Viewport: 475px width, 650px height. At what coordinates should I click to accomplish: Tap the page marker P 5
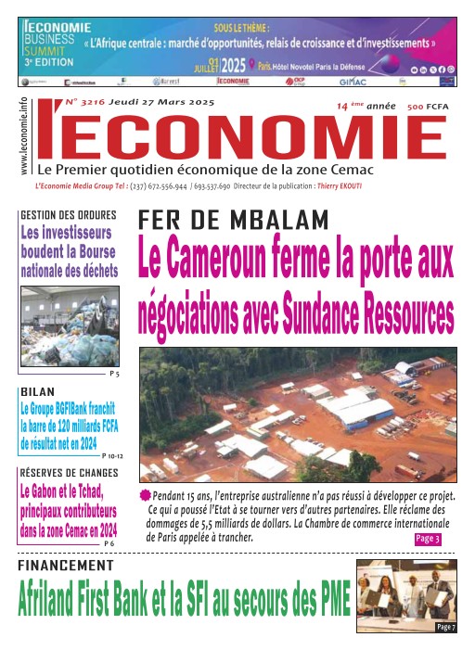tap(114, 373)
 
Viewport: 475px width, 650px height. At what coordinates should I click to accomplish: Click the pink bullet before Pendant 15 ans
tap(145, 496)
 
